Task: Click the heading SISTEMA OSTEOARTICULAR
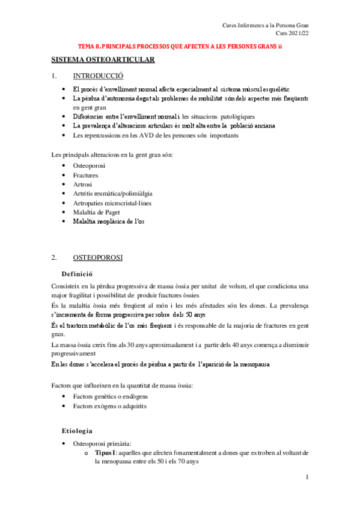point(103,60)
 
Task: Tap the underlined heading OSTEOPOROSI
point(98,257)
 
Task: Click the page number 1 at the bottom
point(307,478)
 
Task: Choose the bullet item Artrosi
point(83,184)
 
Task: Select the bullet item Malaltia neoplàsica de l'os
point(109,221)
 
